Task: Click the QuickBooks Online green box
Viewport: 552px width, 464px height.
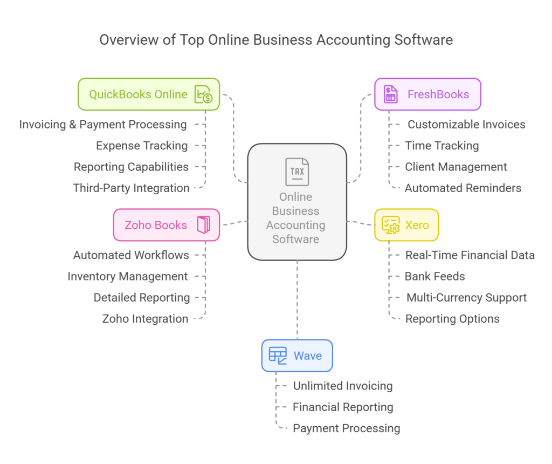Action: pyautogui.click(x=148, y=94)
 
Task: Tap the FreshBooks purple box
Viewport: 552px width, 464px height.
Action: pyautogui.click(x=427, y=94)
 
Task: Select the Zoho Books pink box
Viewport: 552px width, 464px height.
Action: pyautogui.click(x=167, y=225)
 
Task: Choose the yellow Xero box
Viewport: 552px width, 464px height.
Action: pyautogui.click(x=406, y=225)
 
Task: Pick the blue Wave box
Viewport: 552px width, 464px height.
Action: pyautogui.click(x=297, y=356)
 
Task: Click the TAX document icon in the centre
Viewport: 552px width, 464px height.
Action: pyautogui.click(x=297, y=172)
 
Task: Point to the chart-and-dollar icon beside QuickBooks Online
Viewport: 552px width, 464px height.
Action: pyautogui.click(x=203, y=94)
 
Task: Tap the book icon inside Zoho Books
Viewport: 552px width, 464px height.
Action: pyautogui.click(x=203, y=225)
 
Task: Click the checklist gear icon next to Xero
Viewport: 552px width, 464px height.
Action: pyautogui.click(x=390, y=225)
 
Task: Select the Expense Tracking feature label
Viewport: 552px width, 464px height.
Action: pyautogui.click(x=142, y=146)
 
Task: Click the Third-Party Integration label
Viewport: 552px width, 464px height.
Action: pyautogui.click(x=131, y=188)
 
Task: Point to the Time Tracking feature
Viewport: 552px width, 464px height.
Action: pyautogui.click(x=441, y=146)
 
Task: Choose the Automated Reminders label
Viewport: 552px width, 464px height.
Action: pyautogui.click(x=463, y=188)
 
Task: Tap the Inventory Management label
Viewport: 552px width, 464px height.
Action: pyautogui.click(x=128, y=276)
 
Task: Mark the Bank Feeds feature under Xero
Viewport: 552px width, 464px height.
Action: pyautogui.click(x=434, y=276)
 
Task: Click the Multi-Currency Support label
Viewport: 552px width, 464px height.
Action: pyautogui.click(x=466, y=298)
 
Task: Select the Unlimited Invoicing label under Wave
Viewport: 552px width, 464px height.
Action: pyautogui.click(x=342, y=386)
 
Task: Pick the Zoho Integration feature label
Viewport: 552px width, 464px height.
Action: pyautogui.click(x=145, y=319)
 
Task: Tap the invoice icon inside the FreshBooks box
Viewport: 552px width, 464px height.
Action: pyautogui.click(x=390, y=94)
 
